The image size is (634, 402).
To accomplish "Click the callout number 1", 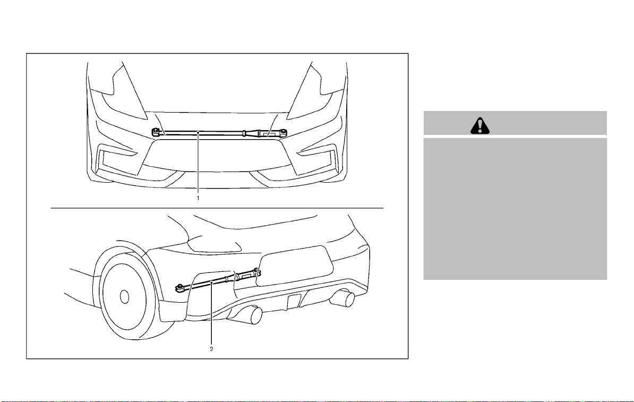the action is [x=198, y=198].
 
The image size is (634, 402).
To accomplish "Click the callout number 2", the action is [x=211, y=349].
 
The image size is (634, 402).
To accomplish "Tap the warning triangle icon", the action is [x=480, y=126].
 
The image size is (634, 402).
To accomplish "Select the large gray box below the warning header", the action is [x=515, y=209].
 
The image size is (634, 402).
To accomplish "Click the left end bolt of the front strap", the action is [x=155, y=132].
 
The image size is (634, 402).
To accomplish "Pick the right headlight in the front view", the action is [x=316, y=95].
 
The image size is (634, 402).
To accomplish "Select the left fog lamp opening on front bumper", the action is [x=117, y=159].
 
